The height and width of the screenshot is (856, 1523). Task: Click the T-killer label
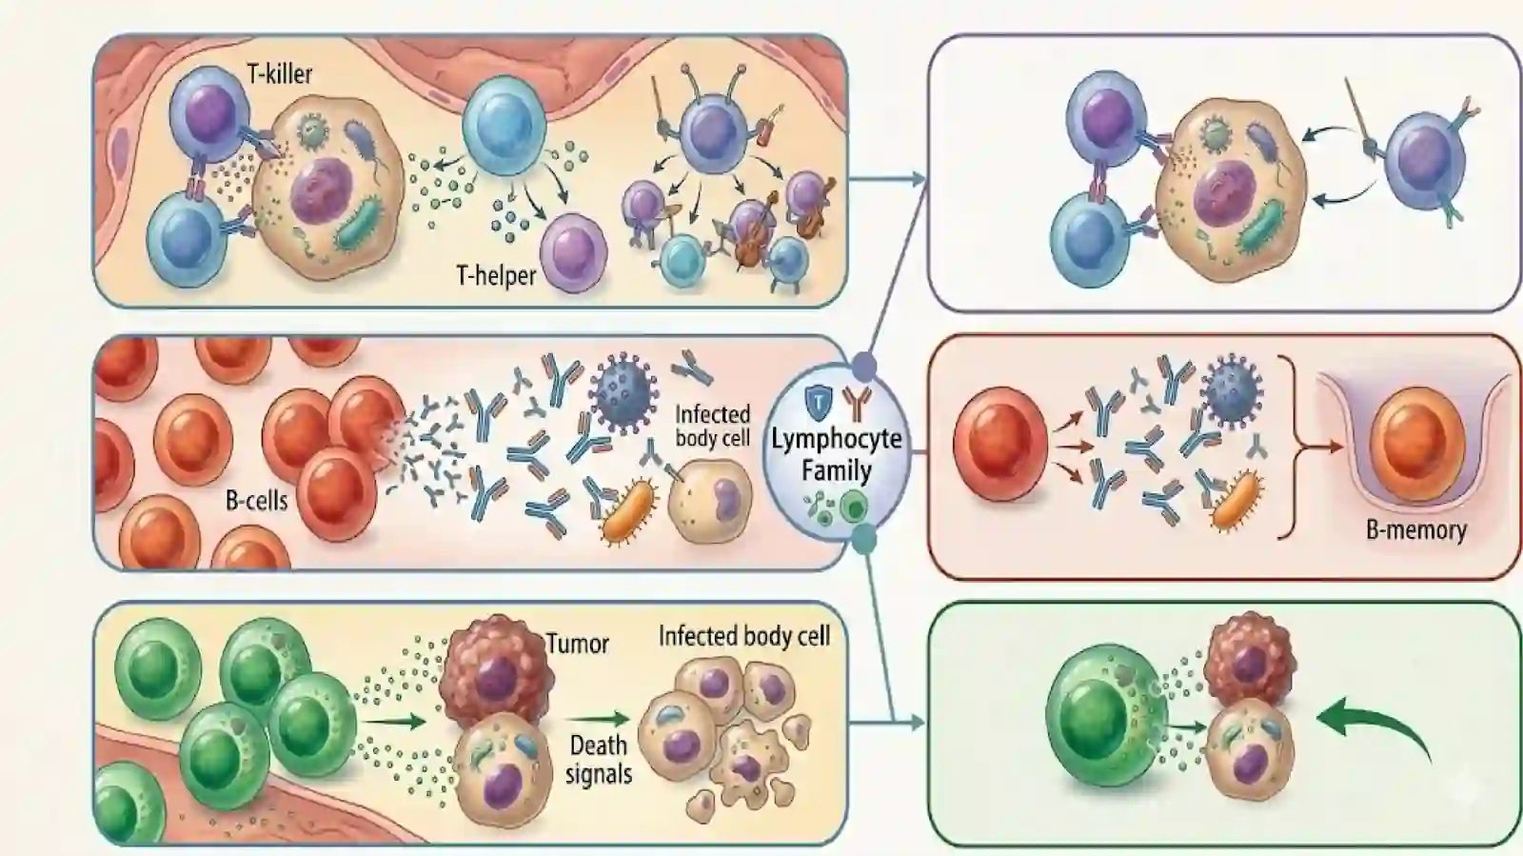click(x=280, y=73)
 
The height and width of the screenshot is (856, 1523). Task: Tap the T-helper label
click(x=496, y=275)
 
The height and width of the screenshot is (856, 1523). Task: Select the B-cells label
click(x=256, y=501)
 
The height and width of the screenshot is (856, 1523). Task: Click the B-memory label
click(x=1416, y=529)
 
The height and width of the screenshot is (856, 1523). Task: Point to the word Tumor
click(x=578, y=643)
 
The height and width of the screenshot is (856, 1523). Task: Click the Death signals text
click(x=599, y=760)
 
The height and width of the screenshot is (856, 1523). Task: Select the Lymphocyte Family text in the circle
click(x=837, y=454)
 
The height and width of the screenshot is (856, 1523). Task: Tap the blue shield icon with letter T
click(x=818, y=401)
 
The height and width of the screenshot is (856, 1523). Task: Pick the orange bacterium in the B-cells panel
click(x=628, y=510)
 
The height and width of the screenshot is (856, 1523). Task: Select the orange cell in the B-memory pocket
click(x=1416, y=444)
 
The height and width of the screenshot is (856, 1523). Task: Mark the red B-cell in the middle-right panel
click(x=1000, y=444)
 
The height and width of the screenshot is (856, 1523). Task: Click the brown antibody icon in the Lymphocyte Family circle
click(x=856, y=403)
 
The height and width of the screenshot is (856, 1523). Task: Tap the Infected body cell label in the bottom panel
click(x=743, y=636)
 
